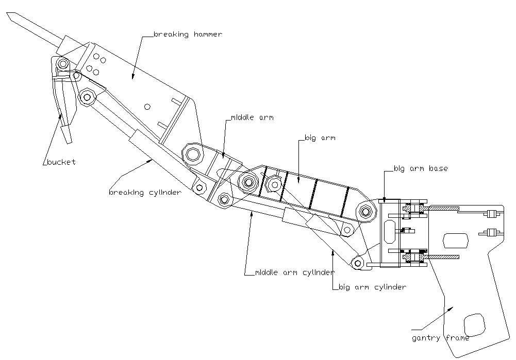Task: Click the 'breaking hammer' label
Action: (x=188, y=35)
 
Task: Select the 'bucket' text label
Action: (x=61, y=162)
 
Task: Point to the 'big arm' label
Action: (x=320, y=138)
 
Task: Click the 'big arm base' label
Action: (x=421, y=168)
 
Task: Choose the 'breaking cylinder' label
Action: (x=145, y=193)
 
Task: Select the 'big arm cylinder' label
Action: (x=372, y=287)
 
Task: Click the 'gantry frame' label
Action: (x=440, y=338)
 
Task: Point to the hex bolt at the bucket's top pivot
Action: (x=63, y=64)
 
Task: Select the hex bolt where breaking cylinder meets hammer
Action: (x=86, y=96)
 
